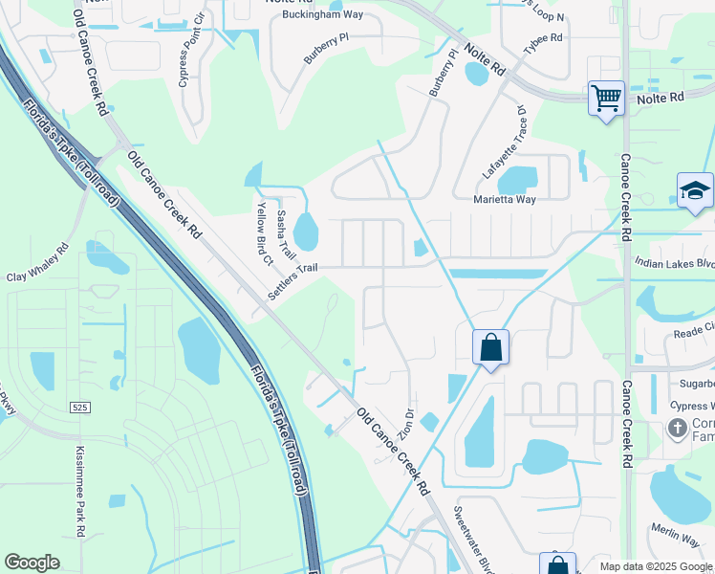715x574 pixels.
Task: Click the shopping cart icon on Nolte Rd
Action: [x=606, y=98]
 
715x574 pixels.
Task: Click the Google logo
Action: [x=32, y=563]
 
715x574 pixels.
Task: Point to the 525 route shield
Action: [x=79, y=407]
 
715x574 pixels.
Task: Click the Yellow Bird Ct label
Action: [x=263, y=232]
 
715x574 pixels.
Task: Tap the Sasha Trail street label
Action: [x=284, y=235]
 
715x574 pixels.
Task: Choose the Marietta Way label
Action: [x=505, y=200]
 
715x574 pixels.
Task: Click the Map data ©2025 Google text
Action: [x=655, y=566]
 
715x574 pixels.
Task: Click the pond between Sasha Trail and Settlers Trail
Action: [x=306, y=231]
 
